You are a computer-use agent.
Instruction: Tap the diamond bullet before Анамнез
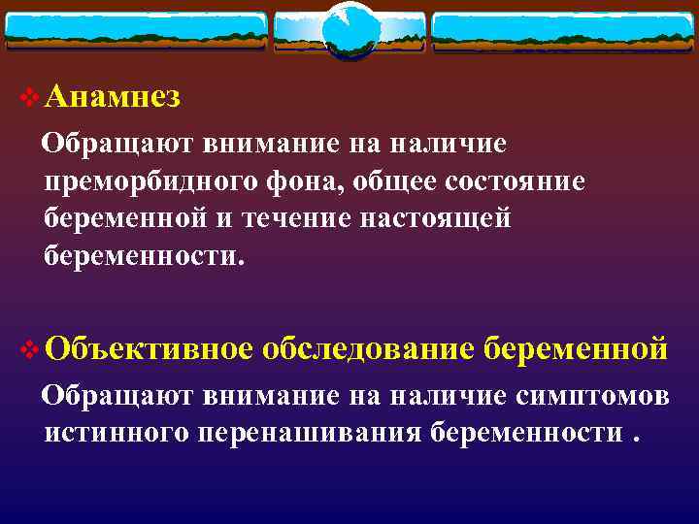[x=29, y=97]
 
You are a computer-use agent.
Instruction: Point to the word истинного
[x=116, y=432]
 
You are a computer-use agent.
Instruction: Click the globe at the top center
[x=349, y=30]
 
